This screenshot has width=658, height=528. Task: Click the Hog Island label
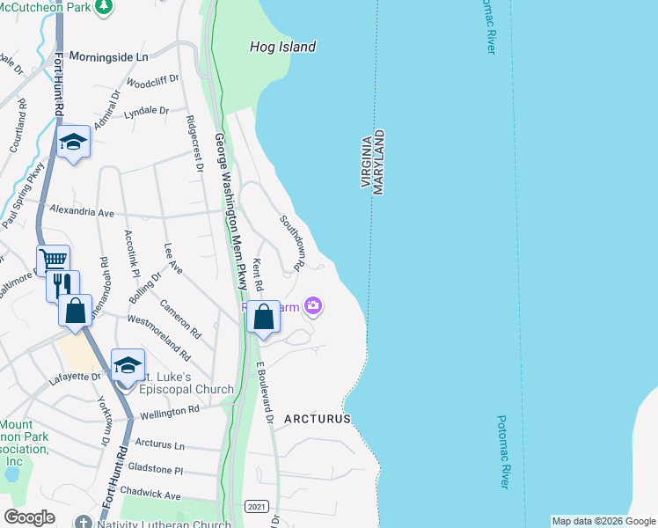point(281,48)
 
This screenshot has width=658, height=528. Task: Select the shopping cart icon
point(54,260)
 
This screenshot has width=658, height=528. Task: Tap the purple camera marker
point(313,306)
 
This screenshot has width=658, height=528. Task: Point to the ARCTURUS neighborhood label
point(317,420)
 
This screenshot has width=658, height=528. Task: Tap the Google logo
point(29,517)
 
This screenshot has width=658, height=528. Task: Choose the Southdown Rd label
point(292,242)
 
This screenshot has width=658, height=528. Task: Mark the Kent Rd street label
point(258,275)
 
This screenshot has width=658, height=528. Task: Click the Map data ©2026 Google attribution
point(603,521)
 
